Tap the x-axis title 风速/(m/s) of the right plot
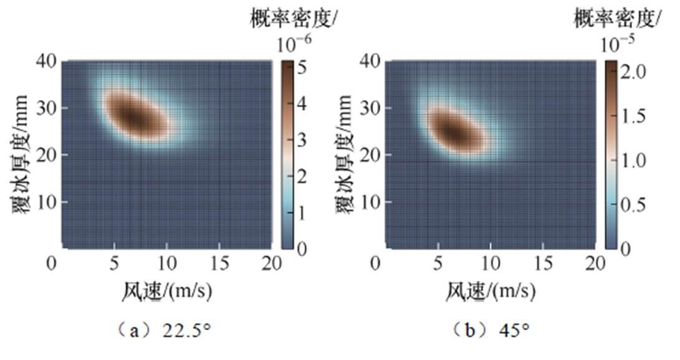(489, 291)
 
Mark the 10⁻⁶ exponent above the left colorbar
(292, 43)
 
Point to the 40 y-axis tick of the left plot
(50, 60)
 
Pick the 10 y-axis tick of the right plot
(373, 202)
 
